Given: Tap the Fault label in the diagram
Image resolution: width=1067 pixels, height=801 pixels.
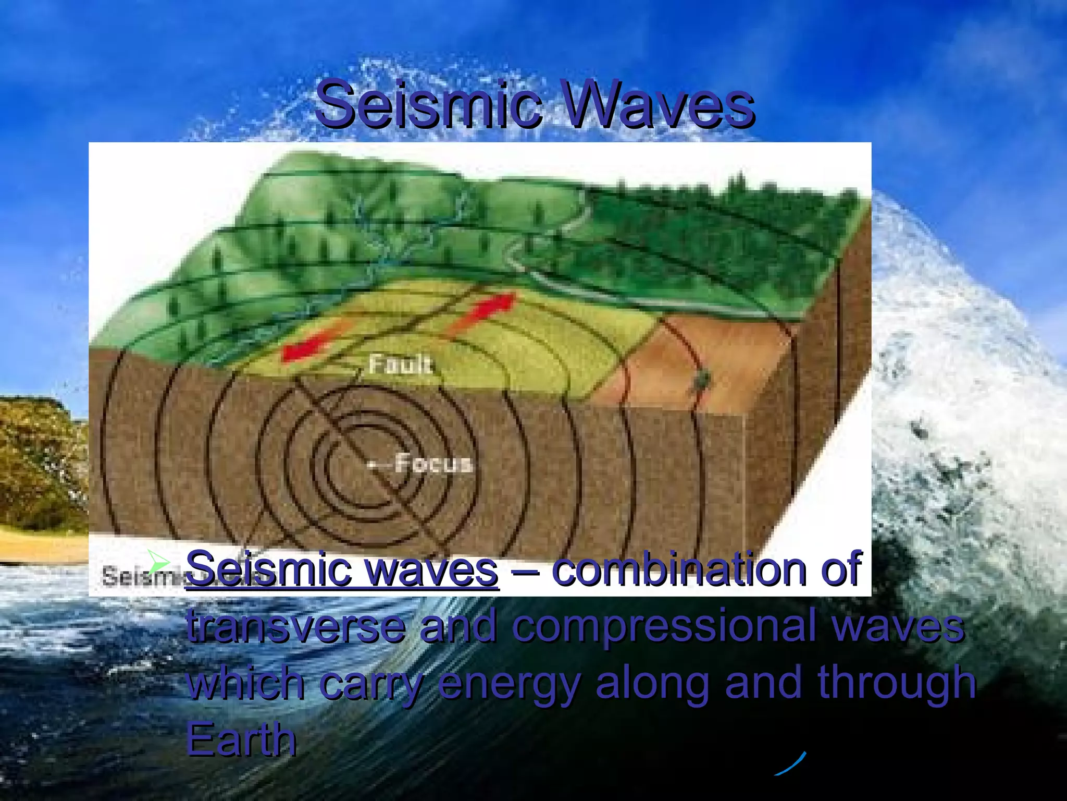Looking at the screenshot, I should [400, 364].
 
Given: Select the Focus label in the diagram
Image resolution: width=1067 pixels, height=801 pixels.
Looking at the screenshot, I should [433, 463].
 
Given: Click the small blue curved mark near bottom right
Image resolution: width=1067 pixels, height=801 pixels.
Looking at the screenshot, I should [790, 763].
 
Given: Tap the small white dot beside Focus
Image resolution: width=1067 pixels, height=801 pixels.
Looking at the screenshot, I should [371, 464].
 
